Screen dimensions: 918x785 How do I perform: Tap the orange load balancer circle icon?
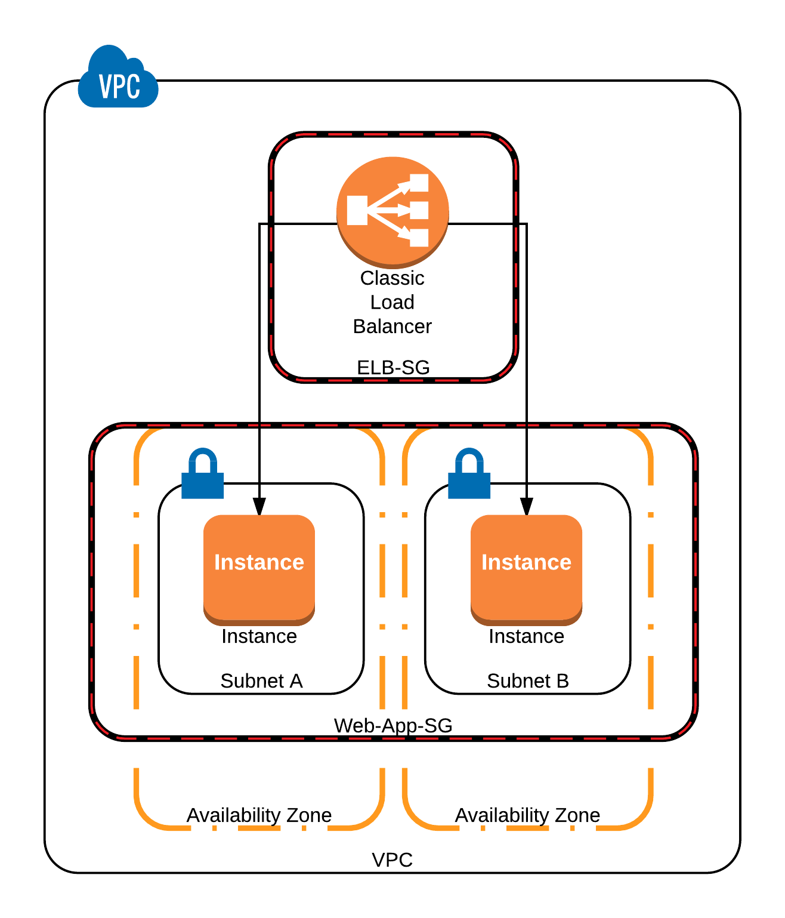392,210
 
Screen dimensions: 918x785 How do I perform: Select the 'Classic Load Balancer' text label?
392,302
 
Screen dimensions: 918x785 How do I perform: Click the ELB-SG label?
393,368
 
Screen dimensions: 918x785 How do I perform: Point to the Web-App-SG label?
393,726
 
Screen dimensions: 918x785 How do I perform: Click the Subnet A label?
261,681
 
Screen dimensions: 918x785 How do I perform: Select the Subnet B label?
528,681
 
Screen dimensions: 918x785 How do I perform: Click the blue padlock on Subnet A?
203,475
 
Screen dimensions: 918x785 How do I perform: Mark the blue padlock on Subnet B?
469,475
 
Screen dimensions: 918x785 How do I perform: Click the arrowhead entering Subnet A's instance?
259,507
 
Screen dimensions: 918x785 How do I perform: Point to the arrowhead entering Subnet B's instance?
527,507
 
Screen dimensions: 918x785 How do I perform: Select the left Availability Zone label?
259,815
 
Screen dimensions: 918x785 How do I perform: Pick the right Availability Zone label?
527,815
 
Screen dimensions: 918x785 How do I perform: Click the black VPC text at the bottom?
392,860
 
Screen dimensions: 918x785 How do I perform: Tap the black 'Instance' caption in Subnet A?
259,637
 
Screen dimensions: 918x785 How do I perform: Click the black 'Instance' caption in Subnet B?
526,637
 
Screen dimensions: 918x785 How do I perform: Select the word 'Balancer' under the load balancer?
392,326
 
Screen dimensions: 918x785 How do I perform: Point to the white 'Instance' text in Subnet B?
526,562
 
